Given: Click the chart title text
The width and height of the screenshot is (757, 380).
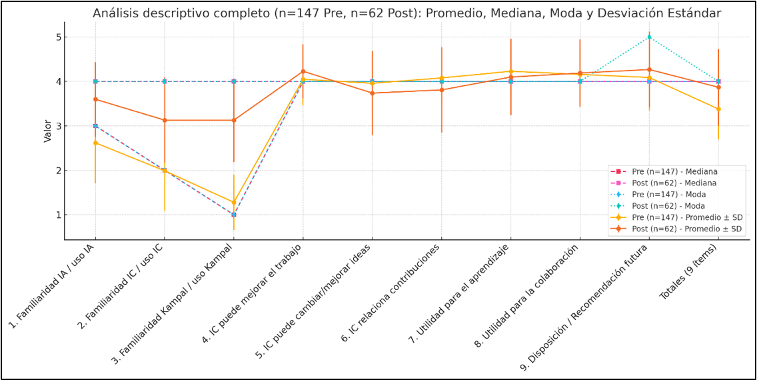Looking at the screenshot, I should click(x=406, y=13).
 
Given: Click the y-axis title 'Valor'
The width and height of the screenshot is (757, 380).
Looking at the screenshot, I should click(x=47, y=131).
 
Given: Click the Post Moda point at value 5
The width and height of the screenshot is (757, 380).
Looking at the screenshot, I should click(x=649, y=37).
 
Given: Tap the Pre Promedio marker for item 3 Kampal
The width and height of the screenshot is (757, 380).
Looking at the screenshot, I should click(x=234, y=202).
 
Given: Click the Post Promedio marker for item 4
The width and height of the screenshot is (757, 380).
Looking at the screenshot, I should click(x=303, y=71).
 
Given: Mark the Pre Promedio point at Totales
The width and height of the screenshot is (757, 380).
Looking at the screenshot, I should click(x=718, y=109).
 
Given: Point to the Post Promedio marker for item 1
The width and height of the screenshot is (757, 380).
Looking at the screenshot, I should click(x=95, y=99).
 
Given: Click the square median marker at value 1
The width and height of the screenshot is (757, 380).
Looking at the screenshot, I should click(x=234, y=215).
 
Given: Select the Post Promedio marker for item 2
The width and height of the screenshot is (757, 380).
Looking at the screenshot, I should click(x=165, y=120).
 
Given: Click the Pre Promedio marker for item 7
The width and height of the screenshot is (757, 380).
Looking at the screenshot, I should click(x=510, y=71).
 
